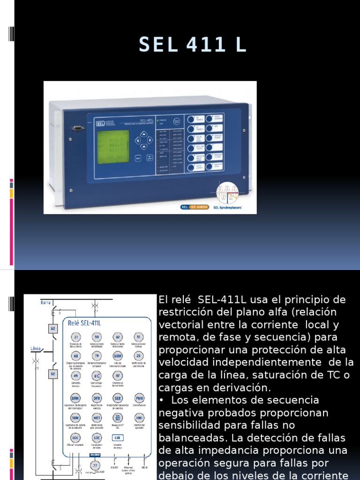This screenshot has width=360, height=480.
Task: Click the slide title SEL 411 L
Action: (x=192, y=45)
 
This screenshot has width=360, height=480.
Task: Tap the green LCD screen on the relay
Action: (x=112, y=147)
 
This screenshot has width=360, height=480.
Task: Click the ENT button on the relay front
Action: (x=150, y=157)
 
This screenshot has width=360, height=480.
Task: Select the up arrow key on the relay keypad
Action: (x=143, y=133)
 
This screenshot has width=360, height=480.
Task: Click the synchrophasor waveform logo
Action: (x=227, y=193)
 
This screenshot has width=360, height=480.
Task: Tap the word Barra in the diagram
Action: (x=45, y=303)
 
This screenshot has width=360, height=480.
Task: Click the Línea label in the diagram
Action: (x=36, y=348)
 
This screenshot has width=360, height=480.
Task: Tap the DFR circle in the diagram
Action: (x=97, y=397)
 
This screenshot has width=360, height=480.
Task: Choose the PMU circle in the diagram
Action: (x=139, y=397)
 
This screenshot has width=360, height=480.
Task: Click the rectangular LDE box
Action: (x=117, y=437)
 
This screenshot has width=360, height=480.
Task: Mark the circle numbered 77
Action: (x=96, y=465)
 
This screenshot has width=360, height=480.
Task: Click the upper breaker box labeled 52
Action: (x=53, y=329)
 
